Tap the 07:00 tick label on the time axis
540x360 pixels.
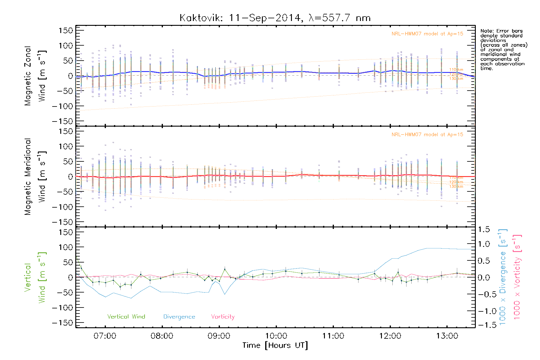click(105, 336)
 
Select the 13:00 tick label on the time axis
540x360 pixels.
click(447, 336)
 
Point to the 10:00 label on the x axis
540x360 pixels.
click(276, 336)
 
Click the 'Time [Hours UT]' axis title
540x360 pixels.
click(275, 346)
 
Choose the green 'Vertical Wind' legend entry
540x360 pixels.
click(126, 317)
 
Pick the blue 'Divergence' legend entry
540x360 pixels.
click(179, 317)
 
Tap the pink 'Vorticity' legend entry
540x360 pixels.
click(223, 317)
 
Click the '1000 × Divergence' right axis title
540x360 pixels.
click(503, 277)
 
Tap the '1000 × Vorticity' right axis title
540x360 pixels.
click(517, 277)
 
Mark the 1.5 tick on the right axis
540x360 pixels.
click(484, 229)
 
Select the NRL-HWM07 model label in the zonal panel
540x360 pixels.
click(427, 34)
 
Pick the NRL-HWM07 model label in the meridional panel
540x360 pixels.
click(427, 135)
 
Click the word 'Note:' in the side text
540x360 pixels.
click(486, 31)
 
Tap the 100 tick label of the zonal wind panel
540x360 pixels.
click(66, 46)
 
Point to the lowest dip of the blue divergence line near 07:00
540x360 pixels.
click(131, 298)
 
